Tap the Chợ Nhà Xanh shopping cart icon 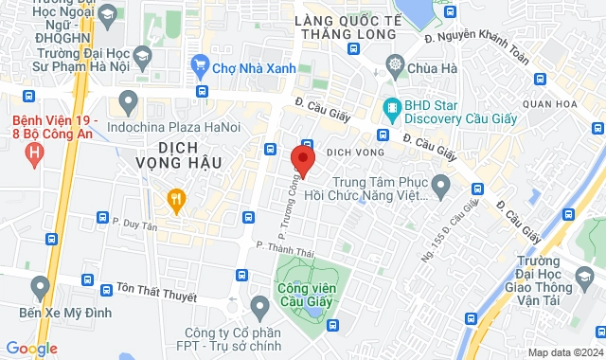200,67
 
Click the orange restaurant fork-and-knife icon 175,198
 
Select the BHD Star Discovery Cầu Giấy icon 390,107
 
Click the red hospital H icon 35,152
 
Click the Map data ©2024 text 565,352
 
